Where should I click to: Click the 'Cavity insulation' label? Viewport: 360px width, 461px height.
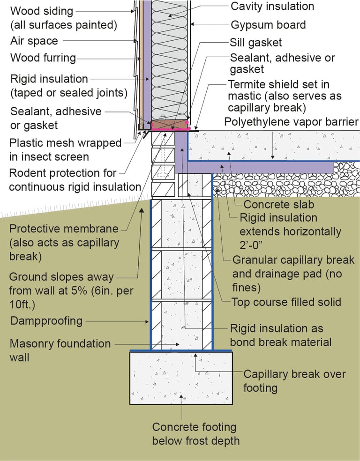point(272,6)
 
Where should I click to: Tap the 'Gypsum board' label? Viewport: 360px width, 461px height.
point(268,25)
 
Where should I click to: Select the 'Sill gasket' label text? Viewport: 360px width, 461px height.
point(255,43)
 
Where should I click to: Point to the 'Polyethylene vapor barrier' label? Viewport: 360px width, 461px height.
point(291,122)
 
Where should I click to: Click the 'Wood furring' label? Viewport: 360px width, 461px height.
point(43,58)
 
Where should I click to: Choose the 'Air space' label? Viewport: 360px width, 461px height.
point(34,41)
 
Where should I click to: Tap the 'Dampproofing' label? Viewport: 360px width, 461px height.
point(46,321)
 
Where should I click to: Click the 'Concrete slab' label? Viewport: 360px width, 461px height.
point(279,204)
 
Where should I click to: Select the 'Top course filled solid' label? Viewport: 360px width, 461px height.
point(286,302)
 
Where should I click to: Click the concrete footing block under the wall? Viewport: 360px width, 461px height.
point(181,378)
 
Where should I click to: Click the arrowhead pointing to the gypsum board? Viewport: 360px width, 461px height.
point(192,24)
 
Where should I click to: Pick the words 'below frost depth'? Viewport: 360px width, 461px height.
point(196,441)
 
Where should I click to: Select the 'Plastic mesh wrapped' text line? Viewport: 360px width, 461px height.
point(66,143)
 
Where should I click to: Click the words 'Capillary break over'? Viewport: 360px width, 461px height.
point(294,374)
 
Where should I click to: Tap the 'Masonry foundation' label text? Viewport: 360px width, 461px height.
point(60,343)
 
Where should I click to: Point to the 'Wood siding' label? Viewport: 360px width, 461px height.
point(41,11)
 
